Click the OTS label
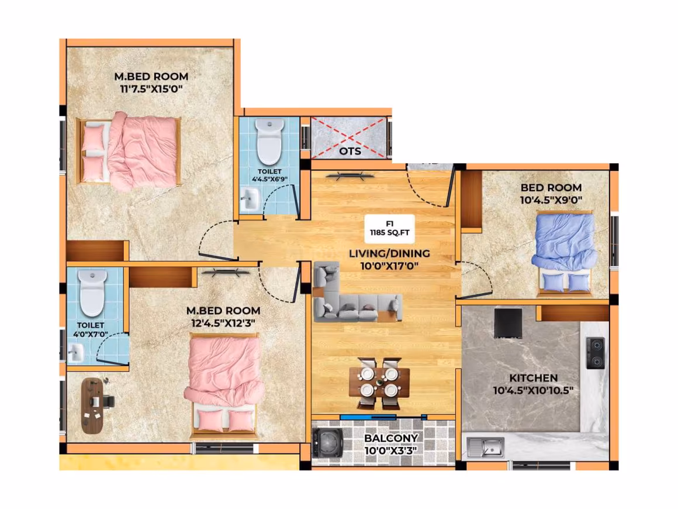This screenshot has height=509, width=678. pyautogui.click(x=350, y=152)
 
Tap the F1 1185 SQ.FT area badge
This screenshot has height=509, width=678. pyautogui.click(x=390, y=229)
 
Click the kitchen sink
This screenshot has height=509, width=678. pyautogui.click(x=486, y=447)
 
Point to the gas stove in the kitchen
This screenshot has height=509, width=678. pyautogui.click(x=596, y=353)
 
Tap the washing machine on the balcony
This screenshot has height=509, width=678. pyautogui.click(x=328, y=443)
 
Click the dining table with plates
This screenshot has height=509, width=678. pyautogui.click(x=379, y=383)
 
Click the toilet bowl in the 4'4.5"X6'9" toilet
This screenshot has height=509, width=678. pyautogui.click(x=270, y=142)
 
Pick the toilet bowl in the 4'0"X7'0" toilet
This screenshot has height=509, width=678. pyautogui.click(x=92, y=293)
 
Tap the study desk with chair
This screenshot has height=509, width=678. pyautogui.click(x=97, y=405)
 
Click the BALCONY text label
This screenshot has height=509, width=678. pyautogui.click(x=391, y=438)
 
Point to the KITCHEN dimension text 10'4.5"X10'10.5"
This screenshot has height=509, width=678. pyautogui.click(x=533, y=390)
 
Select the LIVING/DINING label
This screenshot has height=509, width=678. pyautogui.click(x=390, y=253)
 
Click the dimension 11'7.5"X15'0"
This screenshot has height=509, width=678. pyautogui.click(x=151, y=89)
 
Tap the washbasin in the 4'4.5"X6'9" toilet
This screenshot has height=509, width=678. pyautogui.click(x=250, y=200)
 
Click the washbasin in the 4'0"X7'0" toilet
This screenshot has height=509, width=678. pyautogui.click(x=76, y=352)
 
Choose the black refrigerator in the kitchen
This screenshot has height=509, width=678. pyautogui.click(x=508, y=323)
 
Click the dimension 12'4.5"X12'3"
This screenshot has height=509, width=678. pyautogui.click(x=223, y=323)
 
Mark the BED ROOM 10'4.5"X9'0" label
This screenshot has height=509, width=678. pyautogui.click(x=551, y=194)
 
